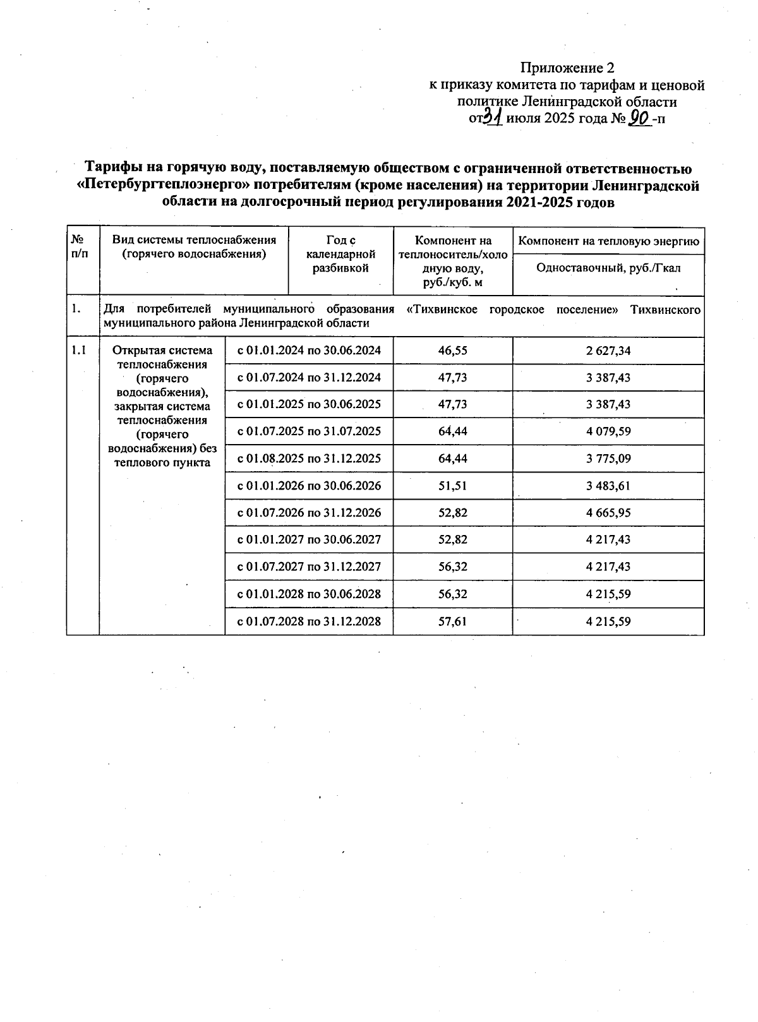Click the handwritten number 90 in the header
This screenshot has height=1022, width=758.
coord(640,118)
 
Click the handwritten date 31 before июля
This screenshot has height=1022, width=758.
coord(492,118)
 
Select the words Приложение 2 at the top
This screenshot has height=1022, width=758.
coord(567,68)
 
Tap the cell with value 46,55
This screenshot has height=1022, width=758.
coord(452,351)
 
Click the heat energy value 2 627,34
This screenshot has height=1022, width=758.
coord(608,351)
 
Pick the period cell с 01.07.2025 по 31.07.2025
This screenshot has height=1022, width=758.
coord(309,431)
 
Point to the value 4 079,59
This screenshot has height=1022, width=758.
coord(608,431)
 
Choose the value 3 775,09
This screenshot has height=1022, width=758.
coord(608,459)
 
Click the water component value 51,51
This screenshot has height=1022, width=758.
coord(452,486)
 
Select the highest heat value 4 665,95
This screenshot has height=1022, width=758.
coord(608,513)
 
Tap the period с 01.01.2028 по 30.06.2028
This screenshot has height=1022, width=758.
coord(309,594)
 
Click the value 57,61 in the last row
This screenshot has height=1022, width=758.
coord(452,621)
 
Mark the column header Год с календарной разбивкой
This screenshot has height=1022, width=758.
coord(340,254)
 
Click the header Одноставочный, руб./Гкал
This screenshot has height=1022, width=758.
coord(608,268)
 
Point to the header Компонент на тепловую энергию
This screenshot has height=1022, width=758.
coord(608,241)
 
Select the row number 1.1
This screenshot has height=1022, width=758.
coord(79,351)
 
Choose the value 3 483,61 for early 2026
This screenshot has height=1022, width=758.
coord(608,486)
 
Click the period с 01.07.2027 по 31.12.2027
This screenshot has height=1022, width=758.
coord(309,567)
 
